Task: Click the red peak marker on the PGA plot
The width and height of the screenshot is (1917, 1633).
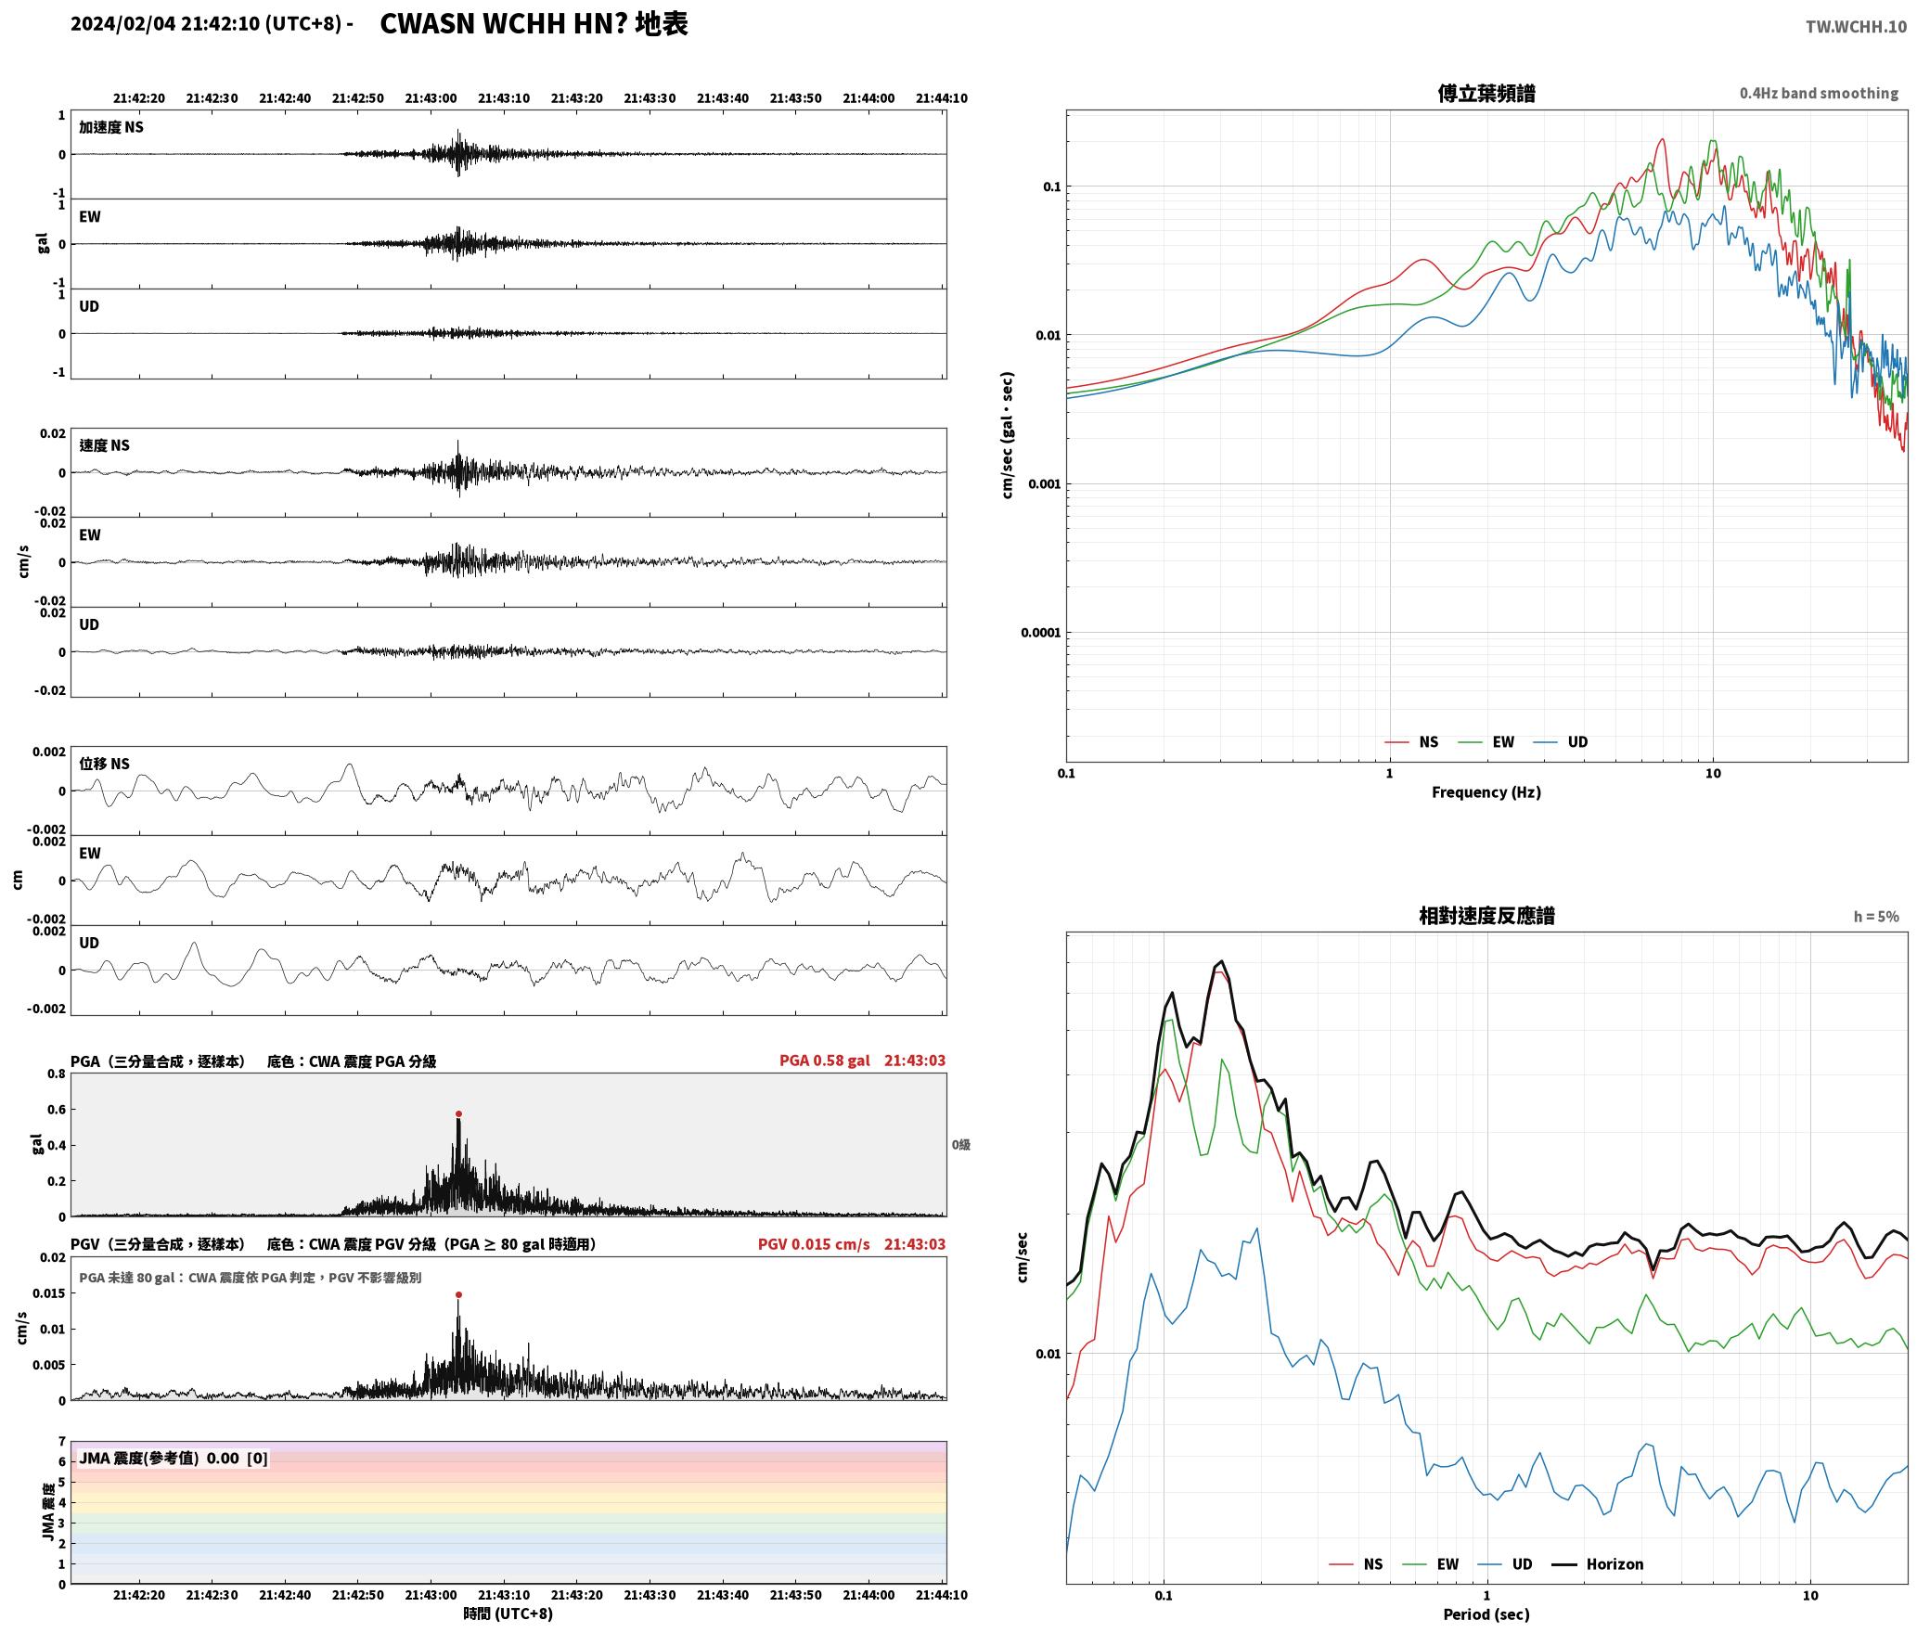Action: [x=458, y=1113]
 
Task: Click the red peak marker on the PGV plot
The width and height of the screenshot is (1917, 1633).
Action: [x=458, y=1294]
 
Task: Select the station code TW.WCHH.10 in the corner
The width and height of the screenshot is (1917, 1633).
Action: [x=1856, y=26]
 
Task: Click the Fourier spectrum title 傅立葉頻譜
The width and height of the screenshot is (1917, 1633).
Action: [x=1486, y=93]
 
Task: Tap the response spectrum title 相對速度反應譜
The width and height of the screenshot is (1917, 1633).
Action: [x=1486, y=916]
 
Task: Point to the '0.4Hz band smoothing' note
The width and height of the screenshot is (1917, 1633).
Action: [x=1819, y=93]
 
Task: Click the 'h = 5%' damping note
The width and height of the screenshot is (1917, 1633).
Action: [x=1876, y=917]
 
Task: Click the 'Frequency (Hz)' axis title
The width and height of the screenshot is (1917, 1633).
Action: [x=1486, y=791]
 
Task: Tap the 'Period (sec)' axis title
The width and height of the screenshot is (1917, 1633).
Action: [x=1486, y=1614]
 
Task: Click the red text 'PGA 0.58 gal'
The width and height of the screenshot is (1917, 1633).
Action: [x=825, y=1061]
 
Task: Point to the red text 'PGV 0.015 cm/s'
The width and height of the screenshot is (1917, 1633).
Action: [x=814, y=1244]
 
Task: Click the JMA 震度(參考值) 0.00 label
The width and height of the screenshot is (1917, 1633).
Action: [x=159, y=1458]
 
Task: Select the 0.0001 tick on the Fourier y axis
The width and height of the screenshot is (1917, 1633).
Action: [x=1040, y=633]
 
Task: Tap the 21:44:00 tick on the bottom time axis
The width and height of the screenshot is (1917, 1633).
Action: [x=868, y=1595]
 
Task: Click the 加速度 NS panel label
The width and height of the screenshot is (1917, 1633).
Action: [x=111, y=127]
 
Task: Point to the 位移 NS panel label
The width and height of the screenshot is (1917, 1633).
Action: [x=104, y=764]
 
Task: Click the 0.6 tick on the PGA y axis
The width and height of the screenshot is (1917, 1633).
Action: [x=57, y=1110]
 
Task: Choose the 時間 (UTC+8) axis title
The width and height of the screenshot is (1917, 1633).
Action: [x=508, y=1614]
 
